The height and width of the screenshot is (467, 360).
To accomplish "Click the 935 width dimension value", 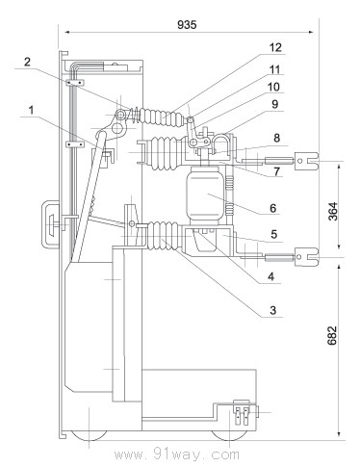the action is [187, 24].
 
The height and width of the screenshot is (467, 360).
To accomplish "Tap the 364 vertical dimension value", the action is [333, 211].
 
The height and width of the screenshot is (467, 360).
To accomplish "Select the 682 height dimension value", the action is [332, 335].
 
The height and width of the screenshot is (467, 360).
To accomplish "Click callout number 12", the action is [275, 47].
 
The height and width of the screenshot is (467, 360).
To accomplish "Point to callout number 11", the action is [274, 69].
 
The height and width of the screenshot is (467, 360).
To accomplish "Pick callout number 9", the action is [274, 104].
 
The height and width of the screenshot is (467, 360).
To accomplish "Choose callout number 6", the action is [272, 208].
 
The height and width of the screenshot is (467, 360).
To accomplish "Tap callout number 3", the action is [272, 310].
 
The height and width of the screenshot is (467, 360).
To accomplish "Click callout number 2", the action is [27, 62].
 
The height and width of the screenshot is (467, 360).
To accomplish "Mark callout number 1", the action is [31, 111].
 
